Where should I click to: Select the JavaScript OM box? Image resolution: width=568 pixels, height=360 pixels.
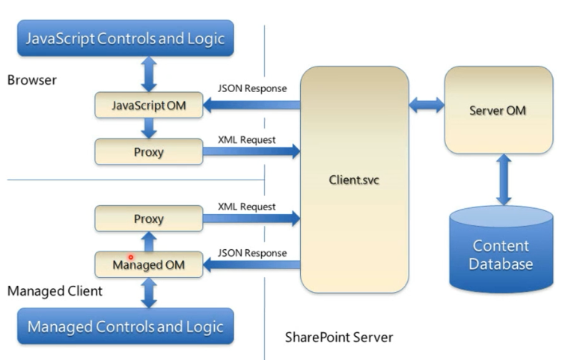149,106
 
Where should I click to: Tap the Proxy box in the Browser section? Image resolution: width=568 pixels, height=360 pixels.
149,152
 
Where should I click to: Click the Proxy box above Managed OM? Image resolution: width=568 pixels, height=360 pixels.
149,219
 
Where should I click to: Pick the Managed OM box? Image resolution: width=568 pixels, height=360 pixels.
149,264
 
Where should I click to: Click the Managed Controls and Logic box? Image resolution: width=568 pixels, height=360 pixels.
126,326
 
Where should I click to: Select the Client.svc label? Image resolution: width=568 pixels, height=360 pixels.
354,180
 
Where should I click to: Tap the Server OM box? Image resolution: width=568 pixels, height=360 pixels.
498,110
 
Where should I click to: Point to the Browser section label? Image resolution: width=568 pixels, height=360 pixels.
32,79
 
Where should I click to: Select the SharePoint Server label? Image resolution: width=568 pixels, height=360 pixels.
339,338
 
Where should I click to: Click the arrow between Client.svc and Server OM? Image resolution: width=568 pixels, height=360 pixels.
427,106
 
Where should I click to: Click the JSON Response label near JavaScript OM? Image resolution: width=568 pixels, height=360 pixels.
252,88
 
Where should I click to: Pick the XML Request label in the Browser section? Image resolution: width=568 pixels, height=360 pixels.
247,139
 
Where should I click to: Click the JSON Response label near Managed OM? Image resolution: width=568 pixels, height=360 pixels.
252,253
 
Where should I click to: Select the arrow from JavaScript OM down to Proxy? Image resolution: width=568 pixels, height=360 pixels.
149,129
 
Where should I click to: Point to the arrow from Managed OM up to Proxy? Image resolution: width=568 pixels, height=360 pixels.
149,242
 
